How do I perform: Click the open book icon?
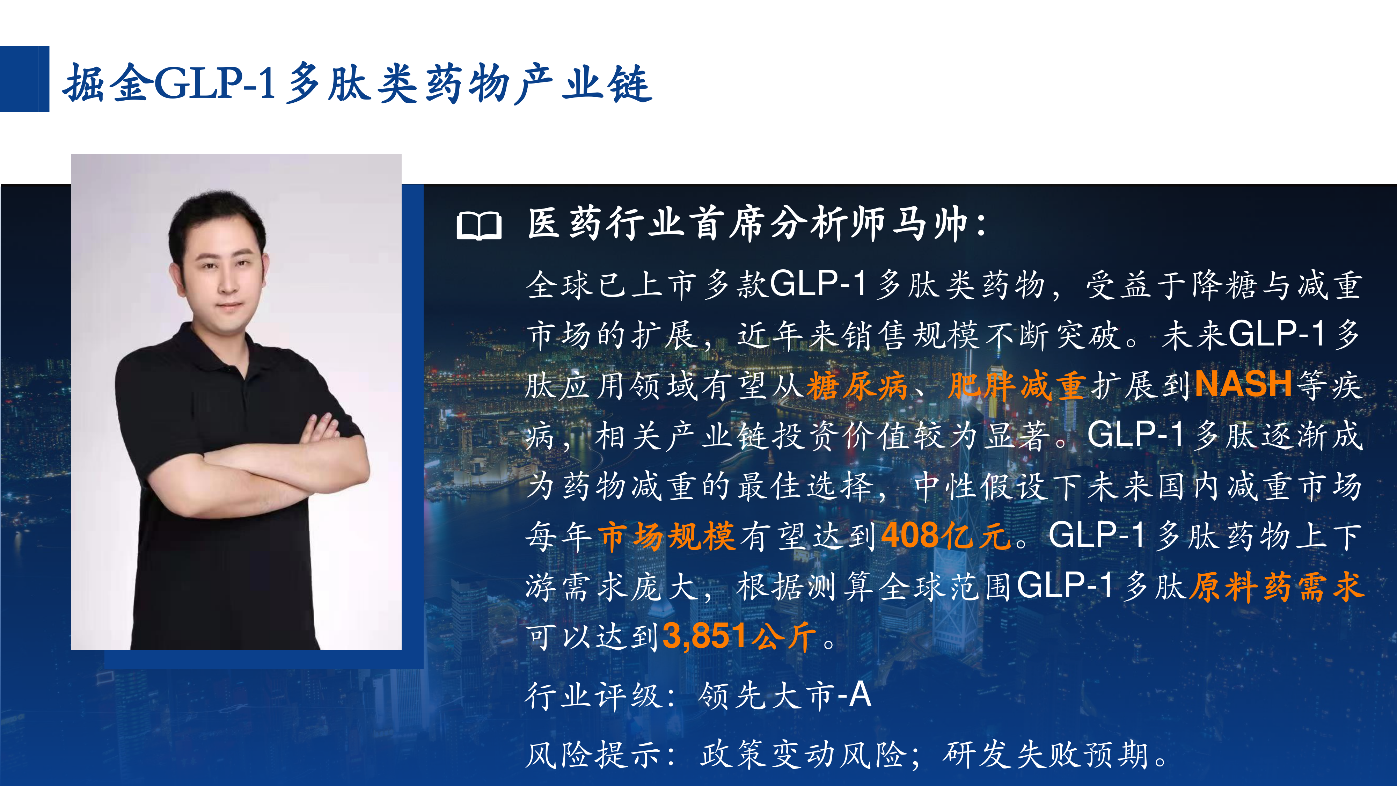click(479, 226)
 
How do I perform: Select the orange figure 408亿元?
click(946, 536)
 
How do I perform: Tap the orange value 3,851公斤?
click(739, 636)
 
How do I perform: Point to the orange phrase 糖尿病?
click(857, 386)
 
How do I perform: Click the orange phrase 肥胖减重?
click(1017, 386)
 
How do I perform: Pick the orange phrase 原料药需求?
click(1277, 587)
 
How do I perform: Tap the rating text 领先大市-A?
click(785, 696)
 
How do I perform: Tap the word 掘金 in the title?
click(107, 83)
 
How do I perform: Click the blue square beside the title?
click(24, 79)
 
